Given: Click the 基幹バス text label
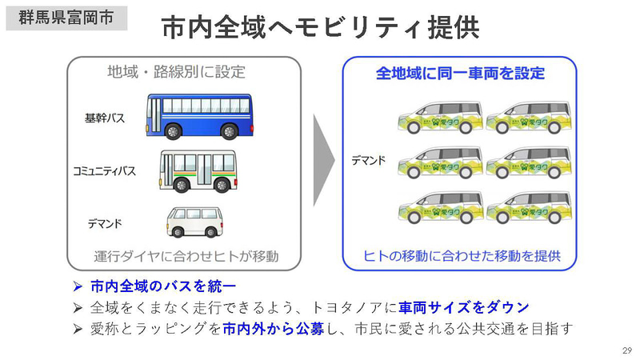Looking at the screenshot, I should point(105,118).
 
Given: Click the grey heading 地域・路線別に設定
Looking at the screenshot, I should point(176,72).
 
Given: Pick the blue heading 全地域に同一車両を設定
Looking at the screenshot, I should point(460,73).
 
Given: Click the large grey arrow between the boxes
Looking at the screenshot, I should point(323,161).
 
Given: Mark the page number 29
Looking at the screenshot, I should point(626,351).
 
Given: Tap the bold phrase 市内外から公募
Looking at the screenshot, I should point(273,329).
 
